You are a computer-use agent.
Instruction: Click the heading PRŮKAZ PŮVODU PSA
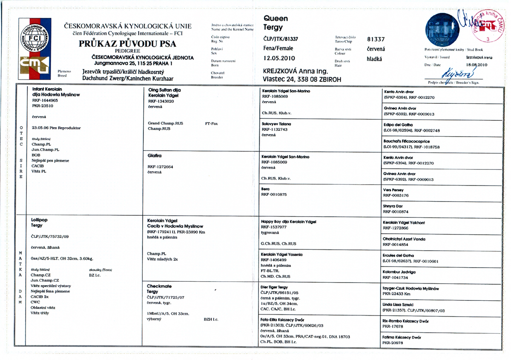(x=128, y=44)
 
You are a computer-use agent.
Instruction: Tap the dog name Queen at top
(x=276, y=19)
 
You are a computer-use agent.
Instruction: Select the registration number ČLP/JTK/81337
(x=281, y=39)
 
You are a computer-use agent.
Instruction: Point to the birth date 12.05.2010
(x=279, y=58)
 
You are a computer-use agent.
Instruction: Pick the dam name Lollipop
(x=40, y=220)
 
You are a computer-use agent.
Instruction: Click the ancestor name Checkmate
(x=159, y=286)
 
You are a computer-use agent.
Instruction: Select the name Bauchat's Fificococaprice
(x=407, y=141)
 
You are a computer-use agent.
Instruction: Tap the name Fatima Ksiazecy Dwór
(x=402, y=337)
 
